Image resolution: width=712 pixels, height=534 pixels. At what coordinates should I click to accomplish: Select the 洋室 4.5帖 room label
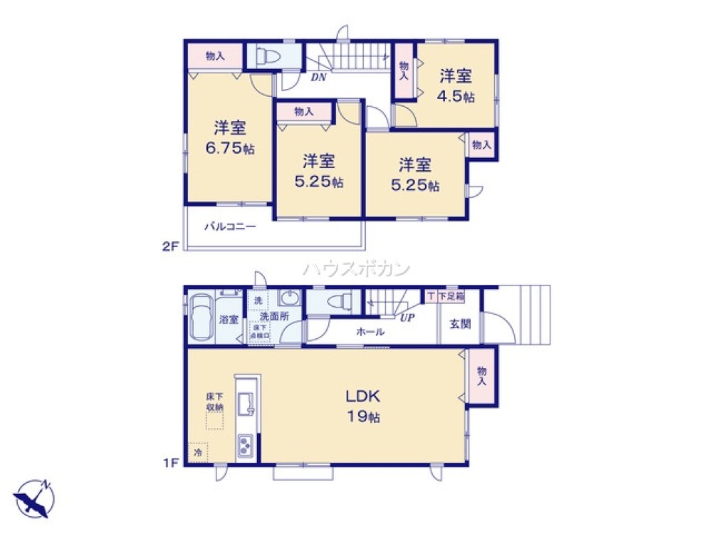coord(456,85)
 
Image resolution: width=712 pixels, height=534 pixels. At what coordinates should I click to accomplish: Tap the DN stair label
coord(318,78)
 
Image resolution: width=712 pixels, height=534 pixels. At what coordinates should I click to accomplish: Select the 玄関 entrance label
coord(459,324)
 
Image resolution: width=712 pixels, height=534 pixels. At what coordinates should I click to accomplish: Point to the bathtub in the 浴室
coord(201,318)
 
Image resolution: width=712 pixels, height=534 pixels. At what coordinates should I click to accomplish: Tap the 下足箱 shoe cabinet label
coord(451,295)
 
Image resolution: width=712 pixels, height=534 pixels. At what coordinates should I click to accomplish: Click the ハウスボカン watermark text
coord(356,268)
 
